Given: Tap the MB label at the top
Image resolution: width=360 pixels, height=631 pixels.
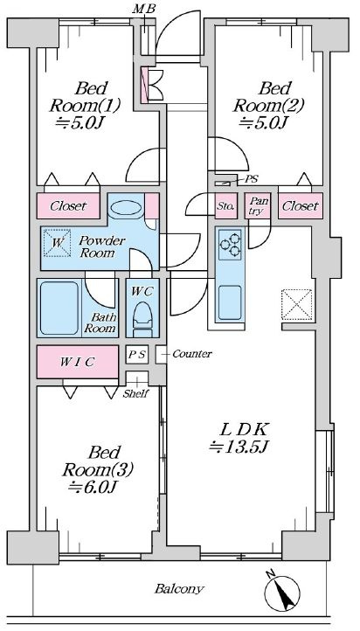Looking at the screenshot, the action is tap(143, 10).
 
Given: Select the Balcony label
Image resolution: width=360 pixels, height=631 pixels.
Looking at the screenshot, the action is tap(179, 589).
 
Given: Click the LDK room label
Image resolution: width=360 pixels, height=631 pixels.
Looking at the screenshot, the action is tap(244, 429).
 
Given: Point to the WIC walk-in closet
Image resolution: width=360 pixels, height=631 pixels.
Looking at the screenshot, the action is tap(78, 362).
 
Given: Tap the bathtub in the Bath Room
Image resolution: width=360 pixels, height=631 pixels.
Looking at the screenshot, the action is tap(59, 308).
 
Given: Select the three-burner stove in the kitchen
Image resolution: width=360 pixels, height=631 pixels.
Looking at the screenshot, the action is tap(230, 245).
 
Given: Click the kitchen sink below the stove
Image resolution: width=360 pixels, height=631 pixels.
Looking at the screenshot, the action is tap(230, 302).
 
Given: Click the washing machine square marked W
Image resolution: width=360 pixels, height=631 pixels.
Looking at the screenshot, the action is tap(57, 242).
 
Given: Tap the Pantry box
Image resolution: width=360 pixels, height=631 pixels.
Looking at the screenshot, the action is tap(258, 206).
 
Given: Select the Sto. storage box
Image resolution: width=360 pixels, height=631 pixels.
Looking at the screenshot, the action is tap(226, 206).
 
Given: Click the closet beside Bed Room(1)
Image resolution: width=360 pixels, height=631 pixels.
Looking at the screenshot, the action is tap(68, 206).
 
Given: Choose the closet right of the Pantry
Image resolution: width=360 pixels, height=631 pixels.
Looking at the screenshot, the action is tap(301, 206).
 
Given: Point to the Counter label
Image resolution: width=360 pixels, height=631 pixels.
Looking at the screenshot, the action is tap(192, 354).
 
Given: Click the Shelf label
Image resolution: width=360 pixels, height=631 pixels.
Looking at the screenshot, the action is tap(136, 393).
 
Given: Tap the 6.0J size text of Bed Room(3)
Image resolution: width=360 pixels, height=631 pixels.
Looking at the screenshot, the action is tap(92, 488).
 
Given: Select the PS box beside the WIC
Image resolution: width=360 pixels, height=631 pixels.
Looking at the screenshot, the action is tap(137, 355).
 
